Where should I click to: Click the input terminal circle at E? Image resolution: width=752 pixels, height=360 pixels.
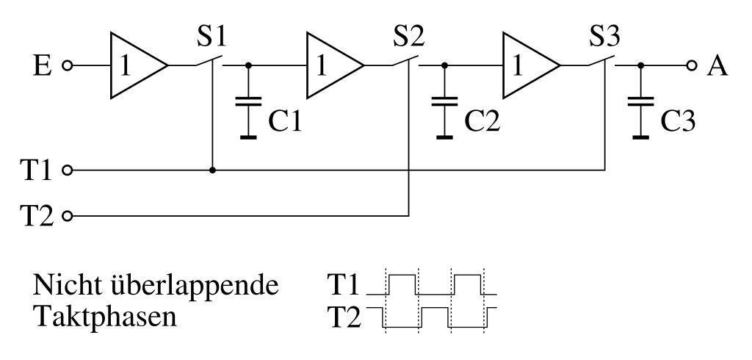click(68, 66)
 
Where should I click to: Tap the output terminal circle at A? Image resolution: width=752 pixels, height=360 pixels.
click(690, 66)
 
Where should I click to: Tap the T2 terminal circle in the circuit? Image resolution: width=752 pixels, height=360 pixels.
click(68, 217)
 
